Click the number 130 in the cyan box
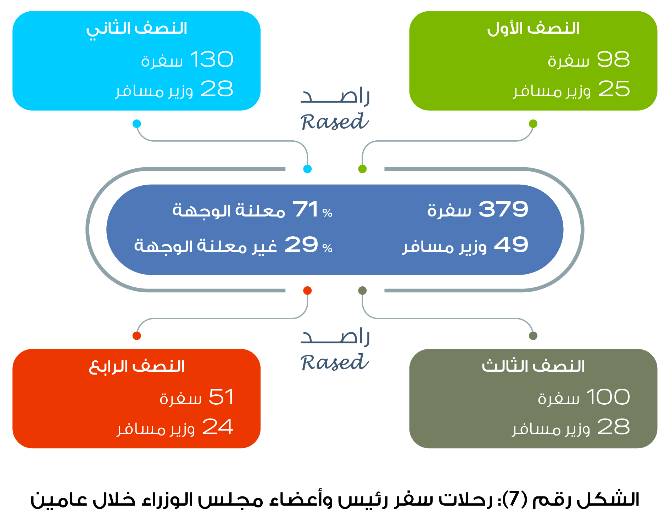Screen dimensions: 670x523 pos(212,59)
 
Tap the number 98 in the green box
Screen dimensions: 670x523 pos(613,59)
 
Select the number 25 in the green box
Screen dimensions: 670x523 pos(614,89)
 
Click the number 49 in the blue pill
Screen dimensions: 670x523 pos(511,244)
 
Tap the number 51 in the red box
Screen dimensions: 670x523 pos(221,397)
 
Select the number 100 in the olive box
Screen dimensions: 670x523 pos(608,397)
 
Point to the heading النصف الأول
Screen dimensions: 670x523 pos(534,28)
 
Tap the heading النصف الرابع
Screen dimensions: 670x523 pos(137,366)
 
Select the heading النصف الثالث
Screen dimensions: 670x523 pos(533,366)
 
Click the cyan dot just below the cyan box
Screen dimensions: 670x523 pos(137,124)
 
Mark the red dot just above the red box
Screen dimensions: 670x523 pos(137,336)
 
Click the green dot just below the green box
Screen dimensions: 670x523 pos(533,124)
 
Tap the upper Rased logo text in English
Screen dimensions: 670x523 pos(335,122)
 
